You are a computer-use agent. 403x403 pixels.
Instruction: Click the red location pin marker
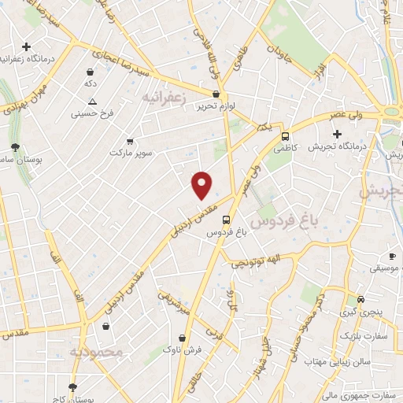click(202, 185)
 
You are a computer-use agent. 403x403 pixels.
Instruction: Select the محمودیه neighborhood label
click(97, 352)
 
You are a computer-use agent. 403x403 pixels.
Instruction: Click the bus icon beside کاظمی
click(285, 135)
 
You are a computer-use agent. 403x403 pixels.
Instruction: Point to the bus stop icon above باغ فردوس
click(227, 220)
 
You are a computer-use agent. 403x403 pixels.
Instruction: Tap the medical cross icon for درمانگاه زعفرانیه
click(28, 47)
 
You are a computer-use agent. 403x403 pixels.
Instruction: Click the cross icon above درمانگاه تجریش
click(337, 134)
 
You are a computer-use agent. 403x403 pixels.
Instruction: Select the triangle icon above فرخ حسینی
click(93, 102)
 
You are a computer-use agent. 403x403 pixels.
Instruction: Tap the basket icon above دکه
click(91, 71)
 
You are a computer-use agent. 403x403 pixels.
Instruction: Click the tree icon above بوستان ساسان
click(15, 147)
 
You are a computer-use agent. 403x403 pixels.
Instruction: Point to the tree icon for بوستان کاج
click(73, 388)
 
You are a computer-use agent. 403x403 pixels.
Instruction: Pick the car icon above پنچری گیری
click(360, 300)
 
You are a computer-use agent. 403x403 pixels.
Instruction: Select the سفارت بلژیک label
click(364, 336)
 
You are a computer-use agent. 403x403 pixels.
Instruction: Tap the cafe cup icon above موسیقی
click(391, 257)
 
